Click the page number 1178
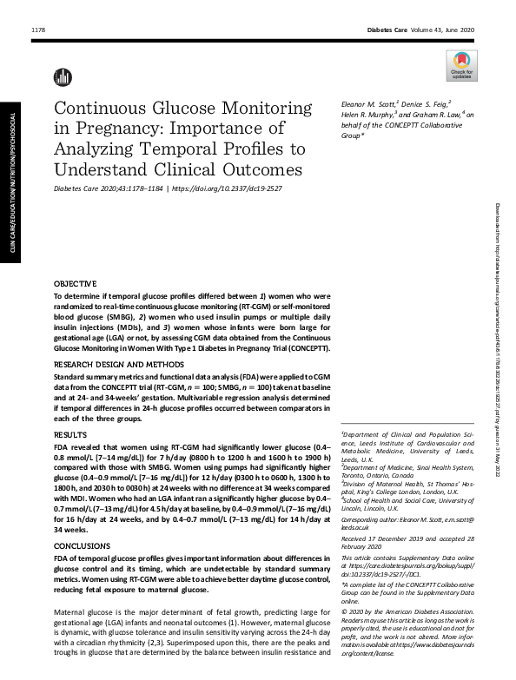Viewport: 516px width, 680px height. point(38,31)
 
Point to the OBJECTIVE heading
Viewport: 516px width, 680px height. point(76,284)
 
